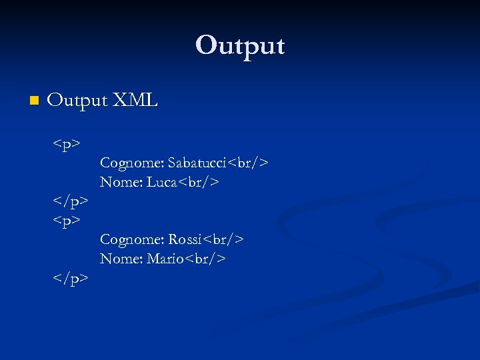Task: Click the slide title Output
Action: point(240,46)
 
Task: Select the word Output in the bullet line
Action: point(77,101)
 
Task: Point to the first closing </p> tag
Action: point(71,201)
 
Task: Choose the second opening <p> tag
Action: point(67,220)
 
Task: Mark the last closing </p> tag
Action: point(71,277)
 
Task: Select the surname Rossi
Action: point(185,239)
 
